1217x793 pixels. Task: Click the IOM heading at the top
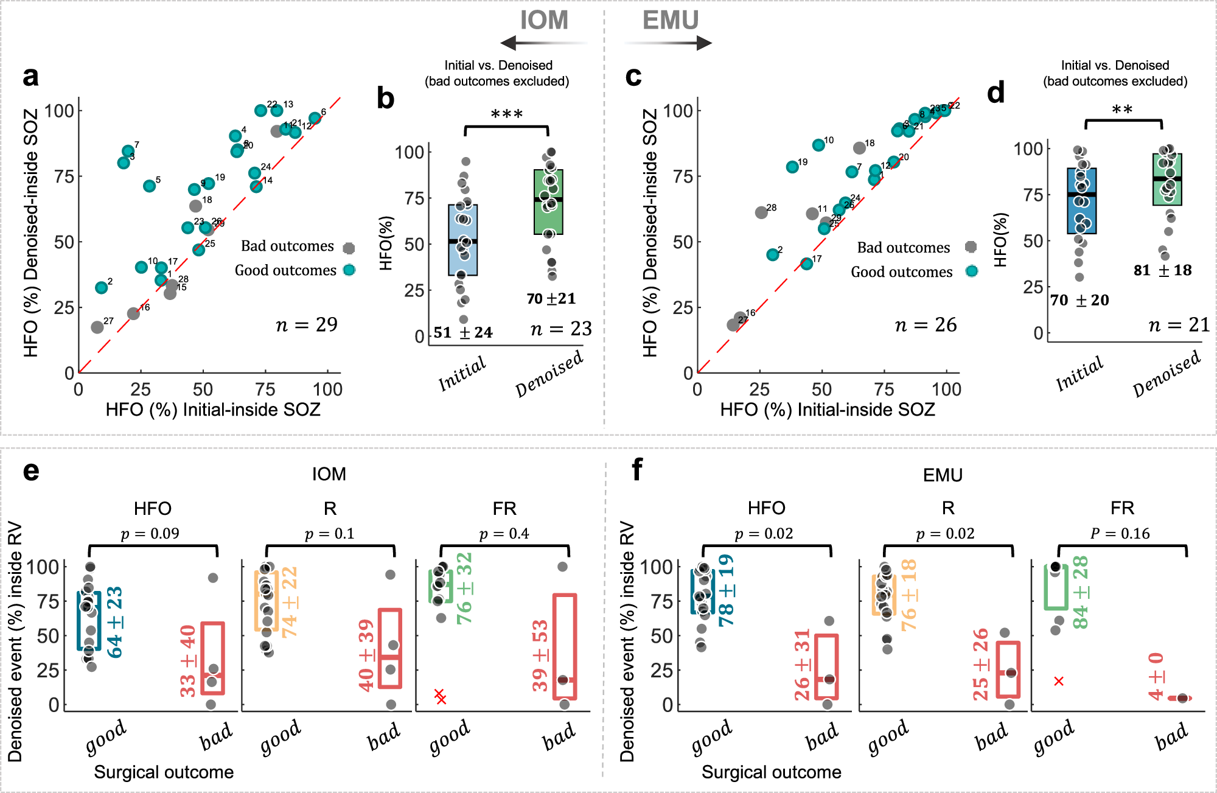tap(543, 21)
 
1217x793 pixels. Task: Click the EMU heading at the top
tap(670, 21)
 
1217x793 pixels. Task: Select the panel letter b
tap(385, 99)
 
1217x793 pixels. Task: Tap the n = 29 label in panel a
tap(306, 325)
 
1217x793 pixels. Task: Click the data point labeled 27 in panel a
tap(97, 327)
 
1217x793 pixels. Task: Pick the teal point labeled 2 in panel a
tap(102, 287)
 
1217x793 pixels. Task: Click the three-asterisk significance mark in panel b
tap(506, 114)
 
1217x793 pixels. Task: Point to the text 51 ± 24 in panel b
tap(463, 332)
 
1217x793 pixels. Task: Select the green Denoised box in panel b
tap(548, 202)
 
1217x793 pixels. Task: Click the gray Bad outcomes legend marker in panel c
tap(971, 247)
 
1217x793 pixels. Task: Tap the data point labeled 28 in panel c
tap(761, 212)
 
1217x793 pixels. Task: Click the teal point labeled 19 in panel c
tap(792, 167)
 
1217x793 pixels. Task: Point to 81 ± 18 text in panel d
tap(1162, 270)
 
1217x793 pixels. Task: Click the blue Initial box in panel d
tap(1081, 201)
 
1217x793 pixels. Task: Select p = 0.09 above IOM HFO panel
tap(150, 534)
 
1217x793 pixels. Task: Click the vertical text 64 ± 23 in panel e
tap(114, 621)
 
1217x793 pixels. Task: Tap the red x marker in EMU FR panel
tap(1059, 681)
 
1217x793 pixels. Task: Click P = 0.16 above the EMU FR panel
tap(1120, 534)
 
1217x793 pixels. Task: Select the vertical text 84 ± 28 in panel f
tap(1081, 592)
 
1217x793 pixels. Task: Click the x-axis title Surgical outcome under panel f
tap(771, 772)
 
